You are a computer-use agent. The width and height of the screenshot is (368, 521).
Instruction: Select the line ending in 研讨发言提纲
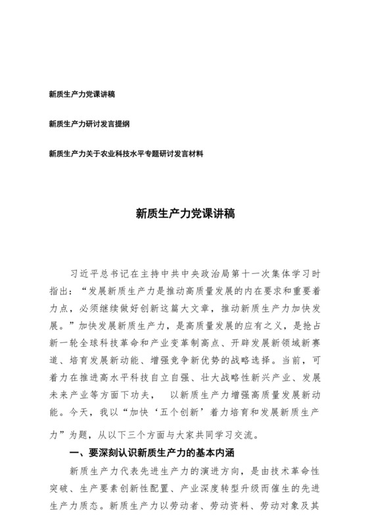[x=89, y=124]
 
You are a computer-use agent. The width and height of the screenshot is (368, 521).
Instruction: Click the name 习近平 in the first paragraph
[x=87, y=272]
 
